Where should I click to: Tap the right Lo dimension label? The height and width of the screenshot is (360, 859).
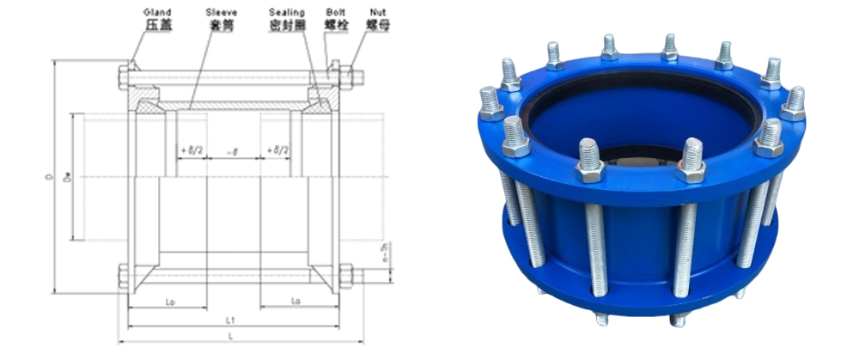(x=295, y=301)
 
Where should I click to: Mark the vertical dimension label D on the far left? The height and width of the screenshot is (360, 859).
(x=52, y=178)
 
